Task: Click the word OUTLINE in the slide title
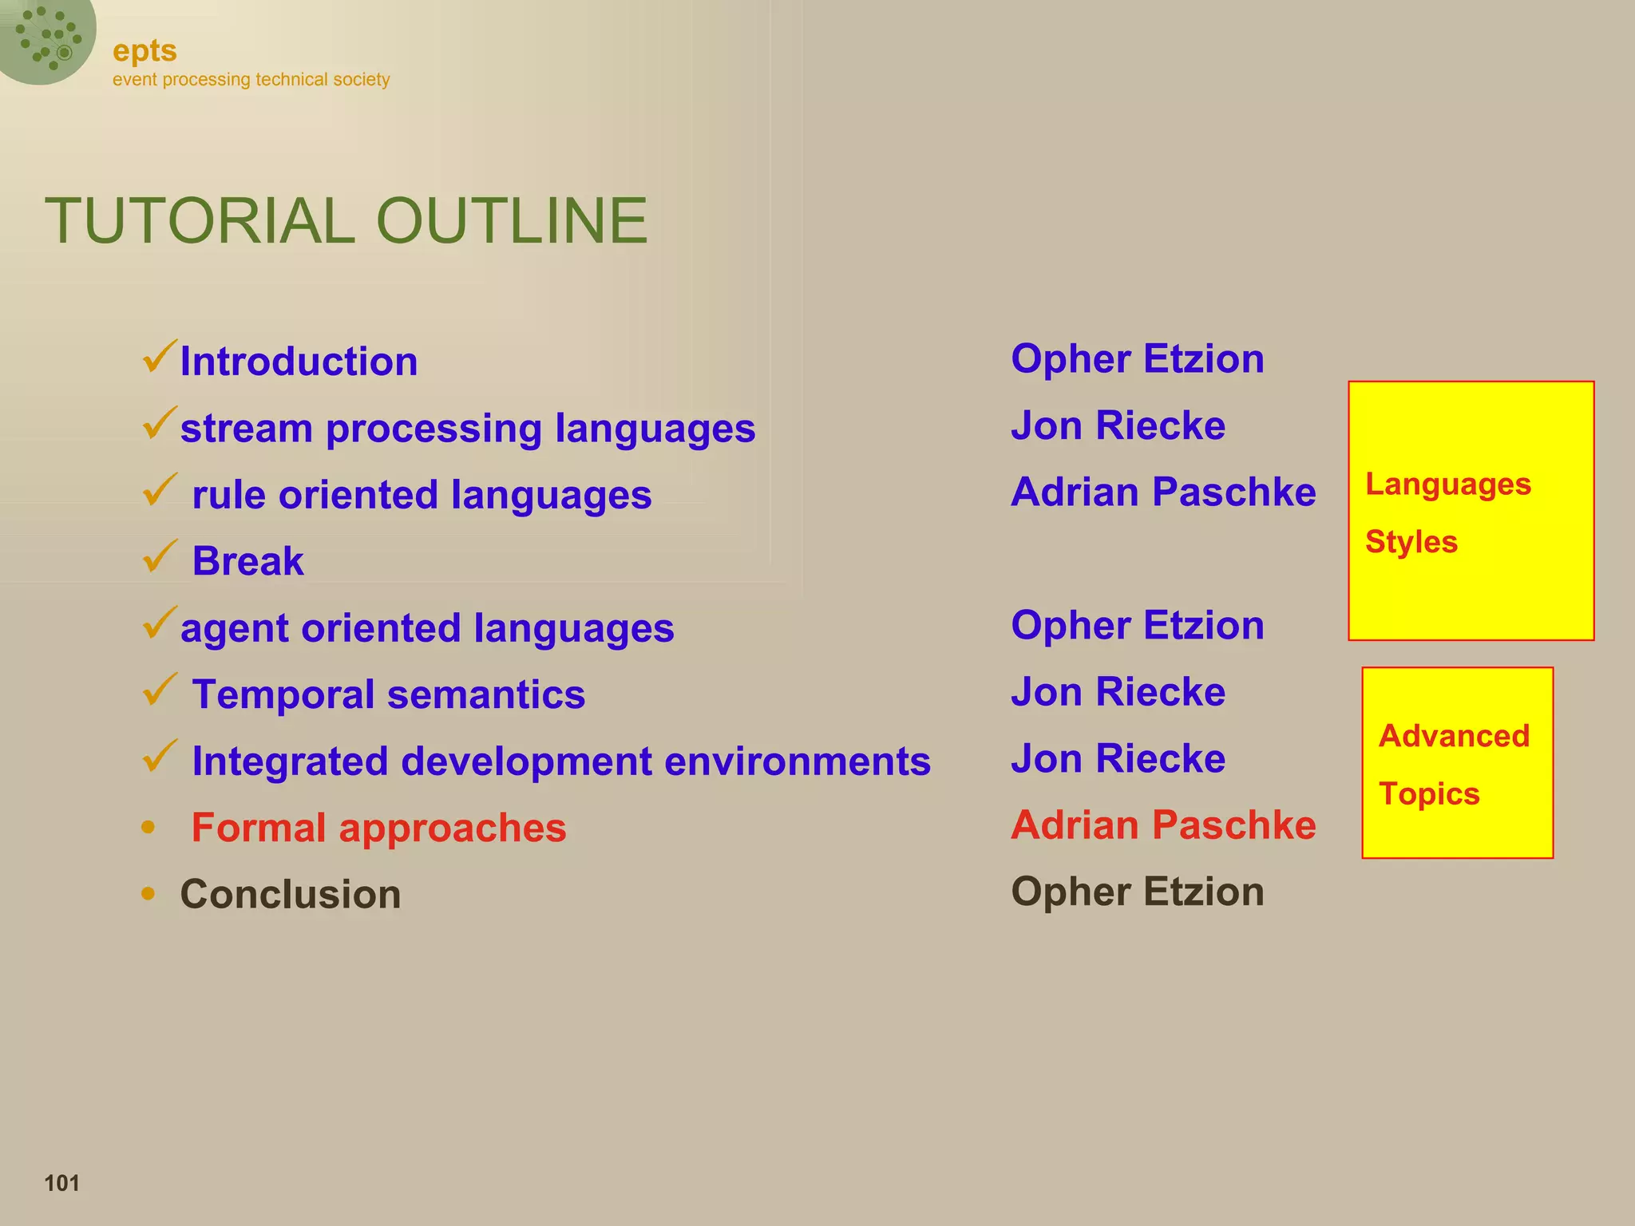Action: point(511,221)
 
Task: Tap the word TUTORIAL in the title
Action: point(200,221)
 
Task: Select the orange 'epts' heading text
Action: point(144,51)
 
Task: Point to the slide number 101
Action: point(61,1183)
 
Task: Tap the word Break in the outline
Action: point(247,561)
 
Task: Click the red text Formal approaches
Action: point(378,828)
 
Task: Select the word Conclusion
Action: point(291,894)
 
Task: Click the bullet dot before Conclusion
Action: point(148,893)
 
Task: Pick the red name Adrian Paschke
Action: point(1163,825)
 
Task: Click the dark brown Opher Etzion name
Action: point(1137,892)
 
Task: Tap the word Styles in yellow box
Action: point(1411,542)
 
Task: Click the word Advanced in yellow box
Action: point(1454,736)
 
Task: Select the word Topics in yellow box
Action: point(1429,794)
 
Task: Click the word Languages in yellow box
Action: point(1447,484)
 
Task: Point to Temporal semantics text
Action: point(388,694)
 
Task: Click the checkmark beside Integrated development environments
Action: point(159,756)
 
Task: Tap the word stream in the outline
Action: point(246,429)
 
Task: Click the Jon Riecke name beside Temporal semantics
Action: point(1118,692)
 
